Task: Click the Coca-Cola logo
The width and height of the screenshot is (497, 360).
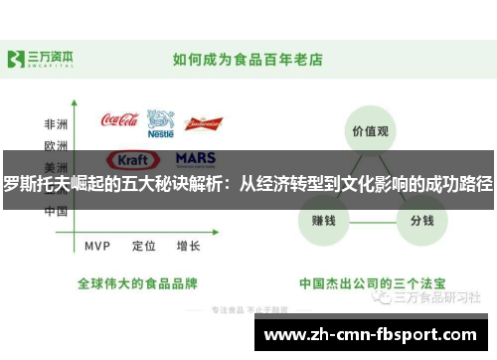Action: point(119,120)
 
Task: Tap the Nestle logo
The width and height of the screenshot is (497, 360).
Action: point(160,123)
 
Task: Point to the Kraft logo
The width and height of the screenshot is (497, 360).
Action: point(132,159)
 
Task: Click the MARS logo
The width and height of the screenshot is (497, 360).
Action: point(195,158)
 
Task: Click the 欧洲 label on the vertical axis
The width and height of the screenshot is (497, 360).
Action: point(55,145)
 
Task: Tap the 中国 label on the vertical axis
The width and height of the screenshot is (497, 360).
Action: point(55,211)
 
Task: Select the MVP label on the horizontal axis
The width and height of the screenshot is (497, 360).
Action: point(97,245)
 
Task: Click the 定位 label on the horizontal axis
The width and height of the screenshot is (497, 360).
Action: point(143,245)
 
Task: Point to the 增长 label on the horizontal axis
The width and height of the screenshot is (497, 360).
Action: point(188,245)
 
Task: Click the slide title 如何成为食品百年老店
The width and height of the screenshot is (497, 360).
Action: point(248,59)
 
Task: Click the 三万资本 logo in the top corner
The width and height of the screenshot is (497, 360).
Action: point(41,58)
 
